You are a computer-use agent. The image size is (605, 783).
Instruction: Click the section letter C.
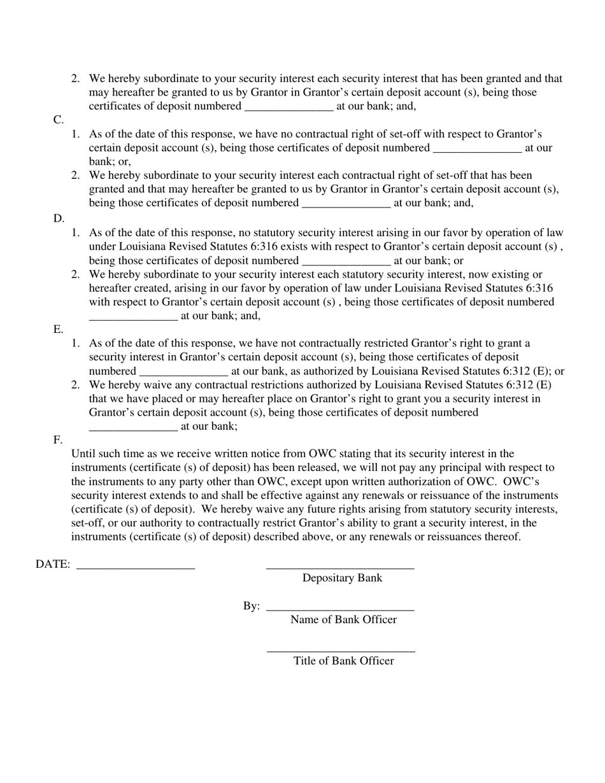tap(58, 120)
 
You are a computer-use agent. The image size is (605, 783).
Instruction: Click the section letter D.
tap(59, 218)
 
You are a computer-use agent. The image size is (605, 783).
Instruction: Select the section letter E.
tap(58, 329)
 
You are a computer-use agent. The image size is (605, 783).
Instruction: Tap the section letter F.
tap(58, 440)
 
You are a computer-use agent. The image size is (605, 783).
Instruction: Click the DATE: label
tap(53, 564)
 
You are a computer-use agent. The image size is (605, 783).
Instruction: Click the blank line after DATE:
tap(136, 567)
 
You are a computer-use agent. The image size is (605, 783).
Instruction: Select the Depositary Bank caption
tap(342, 578)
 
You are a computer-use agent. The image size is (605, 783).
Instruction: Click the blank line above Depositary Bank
tap(340, 567)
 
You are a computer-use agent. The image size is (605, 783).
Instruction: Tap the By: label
tap(251, 606)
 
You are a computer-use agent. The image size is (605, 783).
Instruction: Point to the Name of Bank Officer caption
tap(343, 619)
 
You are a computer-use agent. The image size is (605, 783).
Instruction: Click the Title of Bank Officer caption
tap(343, 661)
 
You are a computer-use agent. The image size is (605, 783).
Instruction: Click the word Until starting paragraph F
tap(86, 454)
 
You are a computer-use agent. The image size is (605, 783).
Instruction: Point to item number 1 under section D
tap(76, 233)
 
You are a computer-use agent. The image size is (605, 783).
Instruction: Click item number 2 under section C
tap(76, 175)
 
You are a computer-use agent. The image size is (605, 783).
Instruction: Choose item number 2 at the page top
tap(76, 79)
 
